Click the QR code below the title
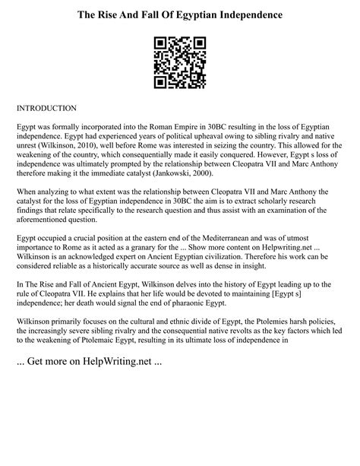coord(179,63)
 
